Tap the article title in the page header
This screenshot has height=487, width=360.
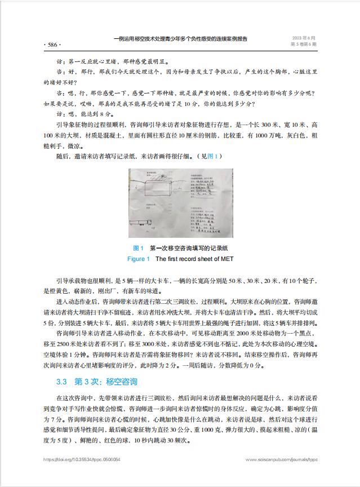coord(180,39)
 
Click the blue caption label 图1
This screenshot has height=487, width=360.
coord(138,249)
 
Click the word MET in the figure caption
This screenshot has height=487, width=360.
coord(223,259)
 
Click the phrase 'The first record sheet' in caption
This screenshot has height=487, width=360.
coord(183,259)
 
